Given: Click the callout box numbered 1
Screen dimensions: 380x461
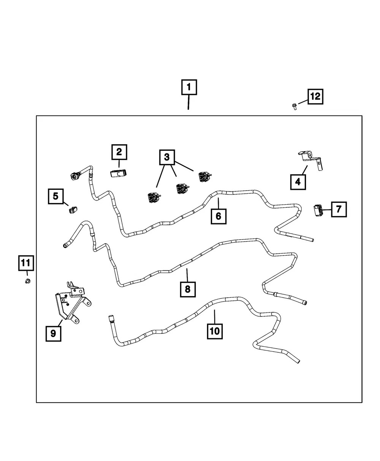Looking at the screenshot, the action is pyautogui.click(x=189, y=87).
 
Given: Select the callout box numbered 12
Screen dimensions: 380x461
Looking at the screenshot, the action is pyautogui.click(x=315, y=96).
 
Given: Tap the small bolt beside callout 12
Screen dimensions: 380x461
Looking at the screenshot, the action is pyautogui.click(x=294, y=107).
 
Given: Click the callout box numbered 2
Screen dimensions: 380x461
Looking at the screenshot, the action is pyautogui.click(x=119, y=152).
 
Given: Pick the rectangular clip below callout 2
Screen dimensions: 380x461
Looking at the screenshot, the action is pyautogui.click(x=118, y=173).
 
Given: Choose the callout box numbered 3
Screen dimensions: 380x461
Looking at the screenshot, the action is pyautogui.click(x=167, y=157).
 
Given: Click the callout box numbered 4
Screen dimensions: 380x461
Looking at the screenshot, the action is pyautogui.click(x=298, y=182).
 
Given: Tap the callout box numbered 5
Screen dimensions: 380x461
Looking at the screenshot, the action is pyautogui.click(x=56, y=196).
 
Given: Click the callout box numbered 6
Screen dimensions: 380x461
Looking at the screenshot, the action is pyautogui.click(x=218, y=216).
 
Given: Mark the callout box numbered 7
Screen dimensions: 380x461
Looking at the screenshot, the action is pyautogui.click(x=339, y=209).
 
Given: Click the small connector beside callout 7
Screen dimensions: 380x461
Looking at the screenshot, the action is pyautogui.click(x=317, y=210).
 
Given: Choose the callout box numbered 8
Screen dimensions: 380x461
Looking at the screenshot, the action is pyautogui.click(x=188, y=289).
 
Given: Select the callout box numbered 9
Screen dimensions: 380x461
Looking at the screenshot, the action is pyautogui.click(x=53, y=334).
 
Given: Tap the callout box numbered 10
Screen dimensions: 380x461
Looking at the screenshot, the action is pyautogui.click(x=215, y=331).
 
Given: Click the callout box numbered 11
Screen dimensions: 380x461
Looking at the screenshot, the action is pyautogui.click(x=26, y=263).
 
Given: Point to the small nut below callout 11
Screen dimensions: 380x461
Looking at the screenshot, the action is pyautogui.click(x=28, y=281).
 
